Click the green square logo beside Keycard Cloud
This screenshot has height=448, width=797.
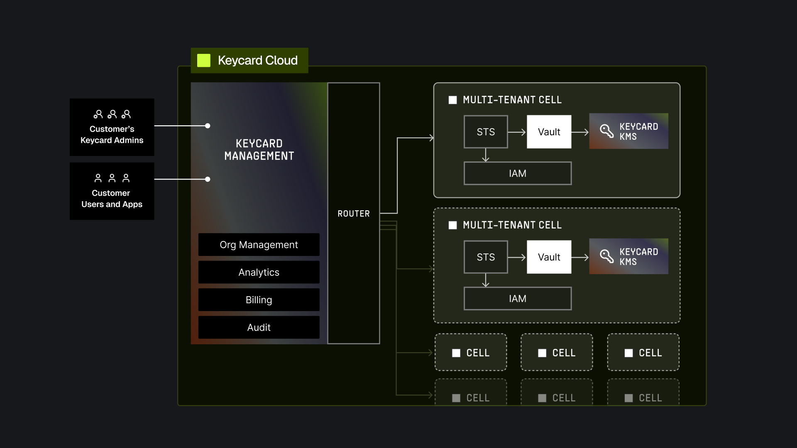[x=204, y=61]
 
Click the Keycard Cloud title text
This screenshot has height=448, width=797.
[x=257, y=61]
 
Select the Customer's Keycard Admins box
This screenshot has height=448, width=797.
[x=112, y=127]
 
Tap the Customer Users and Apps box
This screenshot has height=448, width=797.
[x=112, y=191]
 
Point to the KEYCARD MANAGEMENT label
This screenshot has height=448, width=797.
[x=259, y=150]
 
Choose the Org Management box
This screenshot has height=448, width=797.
[x=259, y=245]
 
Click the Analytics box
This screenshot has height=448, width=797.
[x=259, y=273]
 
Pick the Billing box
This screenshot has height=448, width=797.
[x=259, y=300]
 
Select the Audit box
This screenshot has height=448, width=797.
[x=259, y=328]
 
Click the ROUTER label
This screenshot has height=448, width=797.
[x=353, y=214]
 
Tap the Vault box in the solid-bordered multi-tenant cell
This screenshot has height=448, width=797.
[x=549, y=132]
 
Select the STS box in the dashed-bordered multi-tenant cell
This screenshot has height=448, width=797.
[x=486, y=257]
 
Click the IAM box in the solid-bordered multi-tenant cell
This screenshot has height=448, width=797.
[x=517, y=173]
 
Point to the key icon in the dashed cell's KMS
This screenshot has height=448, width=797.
[x=606, y=256]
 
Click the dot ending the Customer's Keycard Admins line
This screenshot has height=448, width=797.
[x=208, y=126]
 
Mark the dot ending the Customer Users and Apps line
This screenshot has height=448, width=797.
[x=208, y=179]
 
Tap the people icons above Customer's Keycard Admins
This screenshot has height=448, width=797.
[x=112, y=114]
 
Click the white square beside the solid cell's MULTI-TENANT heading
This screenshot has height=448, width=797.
[x=453, y=100]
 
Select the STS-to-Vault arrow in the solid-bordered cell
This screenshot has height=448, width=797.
[x=517, y=132]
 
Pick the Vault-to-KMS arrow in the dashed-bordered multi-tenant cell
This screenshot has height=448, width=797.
[x=580, y=258]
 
